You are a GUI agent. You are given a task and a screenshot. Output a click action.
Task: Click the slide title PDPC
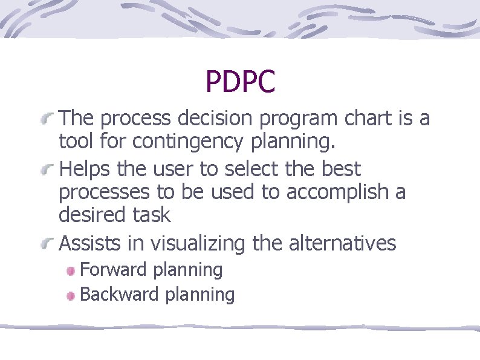(x=240, y=82)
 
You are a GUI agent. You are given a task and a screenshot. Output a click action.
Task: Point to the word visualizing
(x=198, y=243)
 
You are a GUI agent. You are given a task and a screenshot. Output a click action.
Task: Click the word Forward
(x=114, y=269)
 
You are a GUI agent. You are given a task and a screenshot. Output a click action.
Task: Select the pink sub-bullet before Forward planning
(x=71, y=270)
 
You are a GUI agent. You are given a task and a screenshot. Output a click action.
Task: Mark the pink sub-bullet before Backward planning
(x=71, y=295)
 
